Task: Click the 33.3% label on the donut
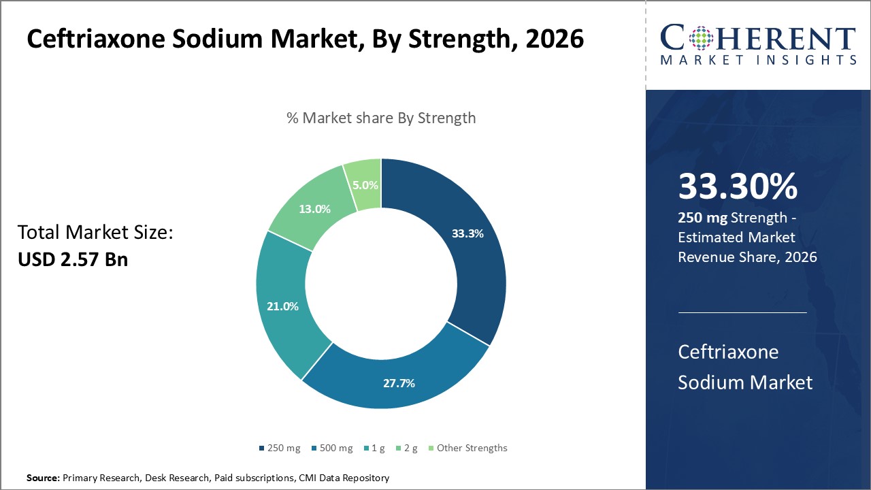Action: (x=467, y=233)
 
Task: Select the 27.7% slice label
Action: (x=399, y=383)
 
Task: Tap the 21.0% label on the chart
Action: (x=282, y=306)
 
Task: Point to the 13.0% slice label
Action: (x=314, y=209)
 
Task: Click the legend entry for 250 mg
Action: (x=280, y=448)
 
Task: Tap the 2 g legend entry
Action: (x=406, y=448)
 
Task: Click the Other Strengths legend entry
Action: (x=467, y=448)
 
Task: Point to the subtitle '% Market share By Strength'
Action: (x=381, y=118)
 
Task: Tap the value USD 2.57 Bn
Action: (x=73, y=259)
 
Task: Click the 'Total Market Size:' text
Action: (x=95, y=233)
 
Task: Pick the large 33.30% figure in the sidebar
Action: (x=738, y=187)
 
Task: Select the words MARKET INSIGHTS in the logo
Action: (x=757, y=61)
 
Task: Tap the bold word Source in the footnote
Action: (x=42, y=478)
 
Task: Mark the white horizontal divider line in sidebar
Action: (x=742, y=313)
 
